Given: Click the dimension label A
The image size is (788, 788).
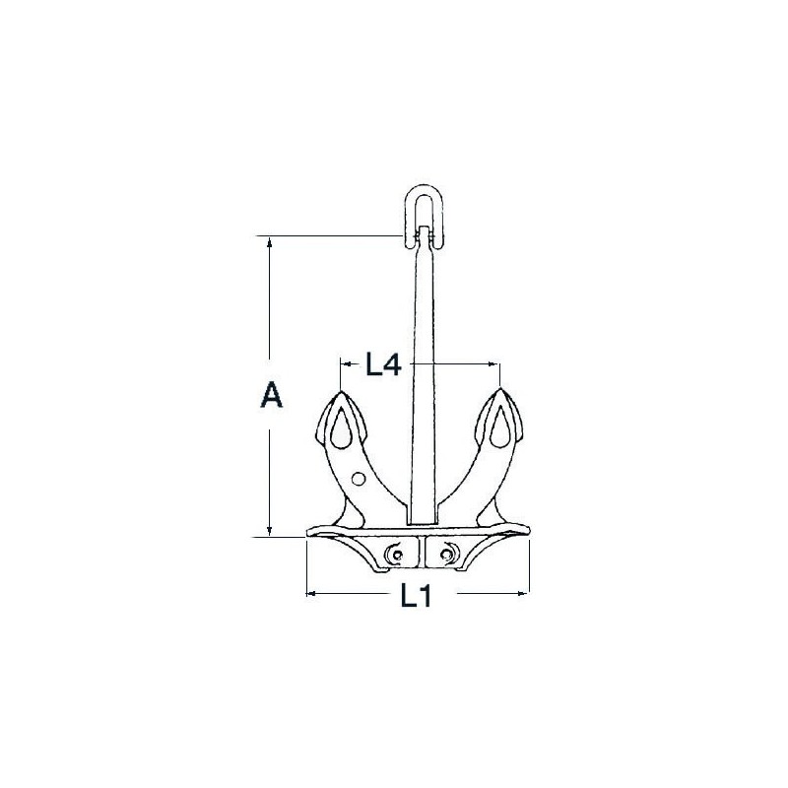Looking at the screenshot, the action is tap(272, 395).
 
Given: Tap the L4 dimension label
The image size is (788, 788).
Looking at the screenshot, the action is tap(383, 363).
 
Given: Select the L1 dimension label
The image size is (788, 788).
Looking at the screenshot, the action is tap(416, 597).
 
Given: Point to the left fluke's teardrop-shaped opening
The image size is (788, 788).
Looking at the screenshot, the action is tap(341, 427).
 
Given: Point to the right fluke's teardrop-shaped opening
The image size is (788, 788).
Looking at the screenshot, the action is tap(500, 427).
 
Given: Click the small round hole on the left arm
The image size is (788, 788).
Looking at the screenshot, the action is tap(359, 479).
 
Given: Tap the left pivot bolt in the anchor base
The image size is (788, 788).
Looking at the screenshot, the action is tap(396, 555).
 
